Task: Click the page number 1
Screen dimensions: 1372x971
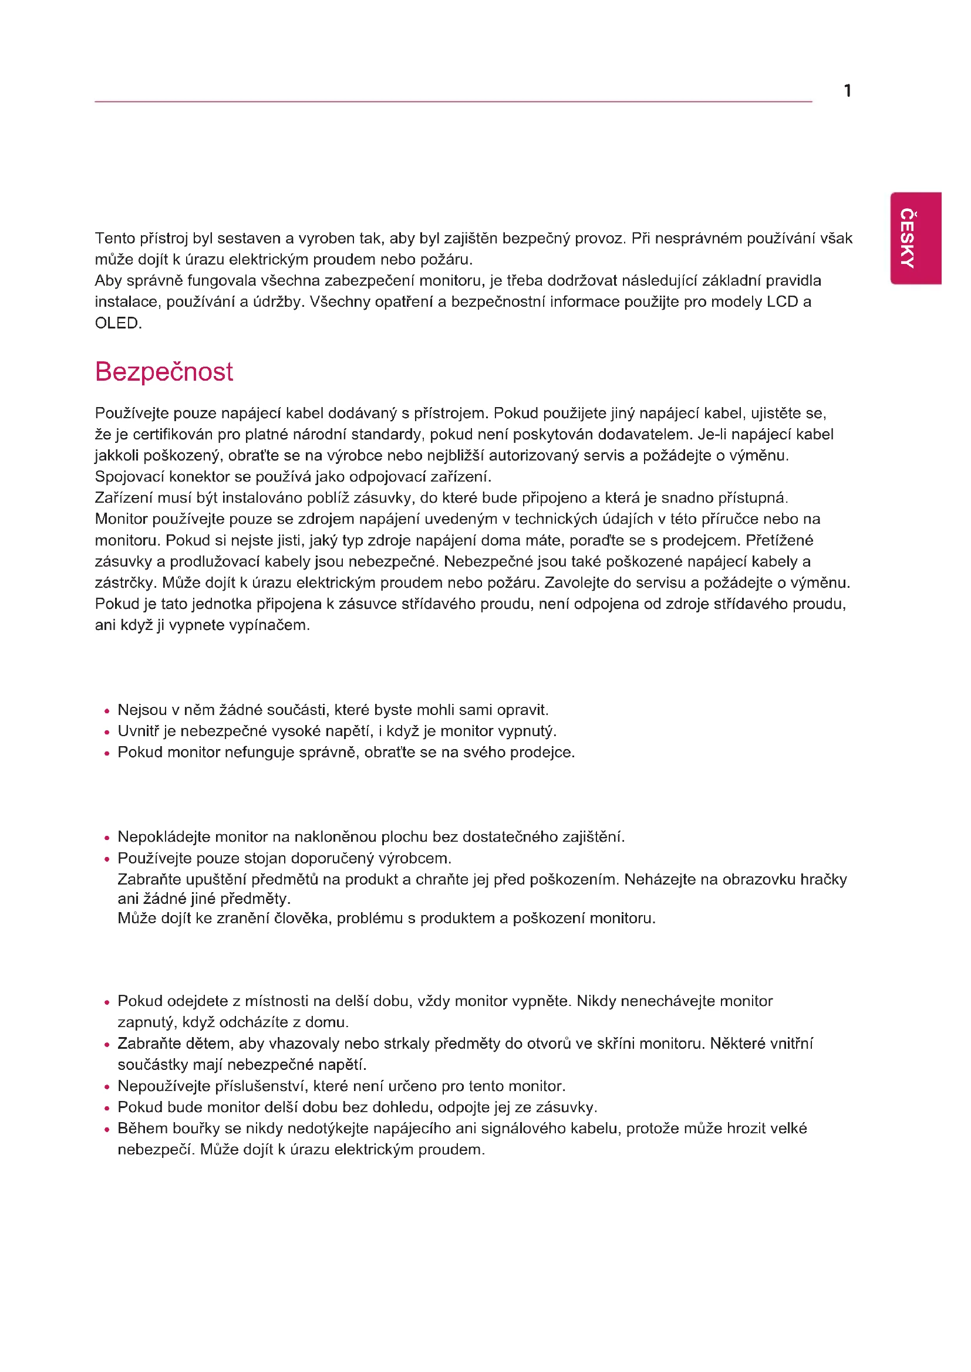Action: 847,91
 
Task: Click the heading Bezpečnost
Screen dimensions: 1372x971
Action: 164,372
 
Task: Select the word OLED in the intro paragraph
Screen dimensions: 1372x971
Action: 117,323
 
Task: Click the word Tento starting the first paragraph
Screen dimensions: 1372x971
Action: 115,238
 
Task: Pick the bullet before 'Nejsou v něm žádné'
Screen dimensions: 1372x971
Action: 107,711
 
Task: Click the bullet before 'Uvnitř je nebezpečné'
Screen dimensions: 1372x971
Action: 107,732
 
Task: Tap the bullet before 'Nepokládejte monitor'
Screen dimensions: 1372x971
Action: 107,838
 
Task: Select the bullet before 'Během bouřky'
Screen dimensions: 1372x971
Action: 107,1130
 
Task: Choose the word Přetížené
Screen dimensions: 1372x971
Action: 780,540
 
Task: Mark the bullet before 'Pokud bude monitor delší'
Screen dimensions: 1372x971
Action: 107,1109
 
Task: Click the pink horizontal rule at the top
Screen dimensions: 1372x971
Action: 453,102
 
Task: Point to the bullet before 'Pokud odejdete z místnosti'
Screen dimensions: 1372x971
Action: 107,1002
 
